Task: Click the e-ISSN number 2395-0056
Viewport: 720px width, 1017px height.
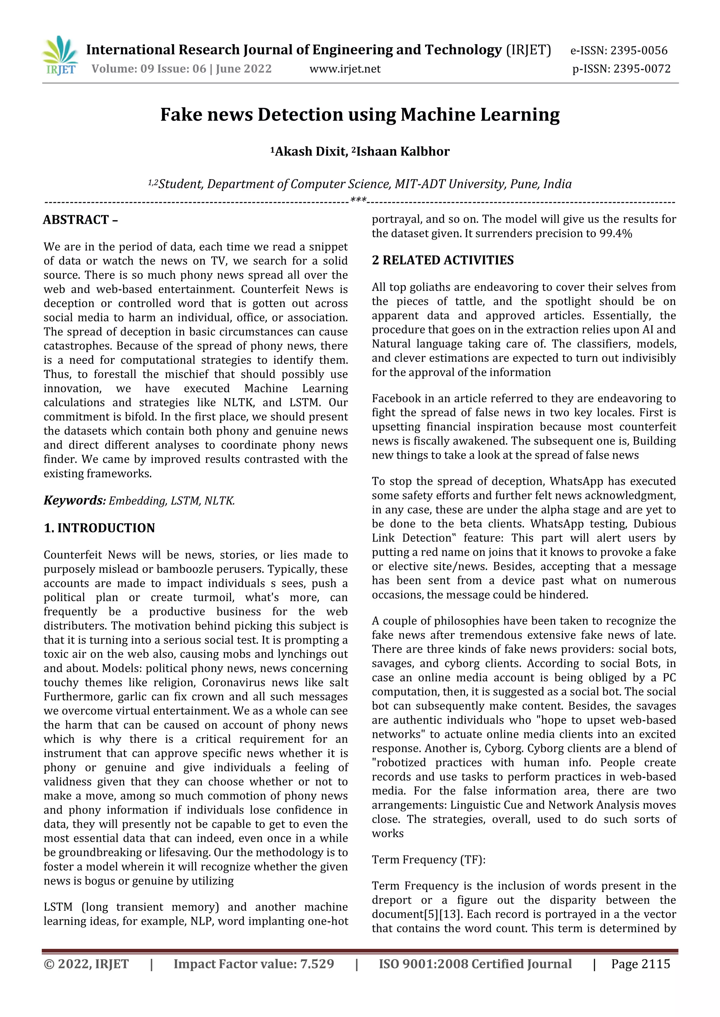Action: (x=638, y=51)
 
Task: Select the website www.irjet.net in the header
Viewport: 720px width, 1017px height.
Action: (x=345, y=69)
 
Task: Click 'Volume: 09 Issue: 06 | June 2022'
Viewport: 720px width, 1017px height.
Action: (x=181, y=69)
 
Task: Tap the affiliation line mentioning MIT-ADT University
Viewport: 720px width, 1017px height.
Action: (x=360, y=184)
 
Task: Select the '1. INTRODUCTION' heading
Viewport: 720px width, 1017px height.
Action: (x=99, y=528)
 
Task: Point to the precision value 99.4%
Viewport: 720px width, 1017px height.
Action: (x=615, y=234)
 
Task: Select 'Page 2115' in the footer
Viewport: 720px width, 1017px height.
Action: (x=640, y=964)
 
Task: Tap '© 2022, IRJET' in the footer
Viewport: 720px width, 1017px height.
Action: (x=86, y=964)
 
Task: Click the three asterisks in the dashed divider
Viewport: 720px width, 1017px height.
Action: (x=358, y=200)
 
